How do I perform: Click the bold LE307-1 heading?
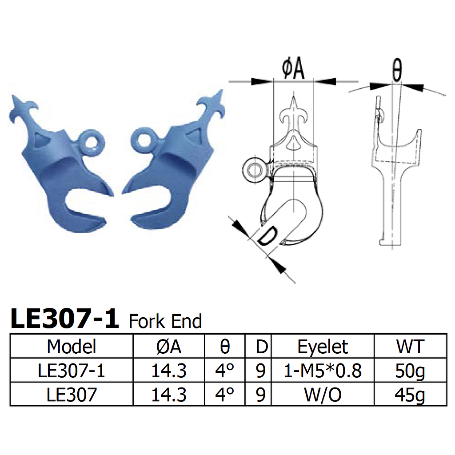(64, 319)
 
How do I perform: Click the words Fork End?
(165, 321)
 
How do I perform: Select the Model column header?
(72, 346)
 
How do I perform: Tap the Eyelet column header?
(323, 346)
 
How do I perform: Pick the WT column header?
(410, 346)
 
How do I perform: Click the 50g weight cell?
(410, 371)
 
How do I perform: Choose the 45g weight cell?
(410, 395)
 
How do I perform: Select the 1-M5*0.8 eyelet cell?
(323, 371)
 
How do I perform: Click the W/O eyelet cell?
(323, 395)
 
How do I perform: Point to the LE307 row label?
(72, 395)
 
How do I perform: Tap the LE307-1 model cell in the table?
(72, 371)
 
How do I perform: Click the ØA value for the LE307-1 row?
(169, 371)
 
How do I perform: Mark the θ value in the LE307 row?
(225, 395)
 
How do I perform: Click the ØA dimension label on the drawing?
(293, 70)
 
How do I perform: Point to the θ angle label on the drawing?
(397, 70)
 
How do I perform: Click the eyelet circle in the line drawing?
(255, 169)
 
